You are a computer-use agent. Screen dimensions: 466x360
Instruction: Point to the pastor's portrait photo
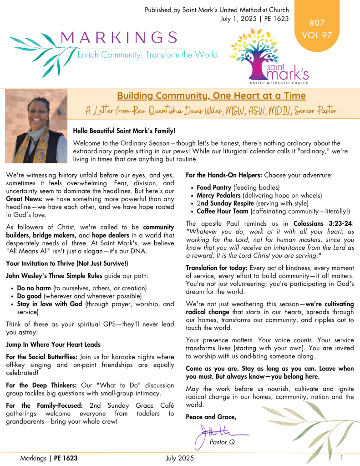(x=36, y=126)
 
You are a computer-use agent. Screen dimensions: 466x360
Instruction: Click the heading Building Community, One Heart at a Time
(x=211, y=96)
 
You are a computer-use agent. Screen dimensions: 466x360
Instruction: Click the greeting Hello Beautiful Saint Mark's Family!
(x=124, y=131)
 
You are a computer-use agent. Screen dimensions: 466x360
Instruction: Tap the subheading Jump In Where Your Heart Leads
(x=53, y=344)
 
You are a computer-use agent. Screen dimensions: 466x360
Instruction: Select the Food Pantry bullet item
(x=214, y=187)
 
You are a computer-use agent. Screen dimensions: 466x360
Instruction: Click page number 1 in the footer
(x=341, y=458)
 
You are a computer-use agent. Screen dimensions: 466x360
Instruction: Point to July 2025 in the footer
(x=180, y=458)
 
